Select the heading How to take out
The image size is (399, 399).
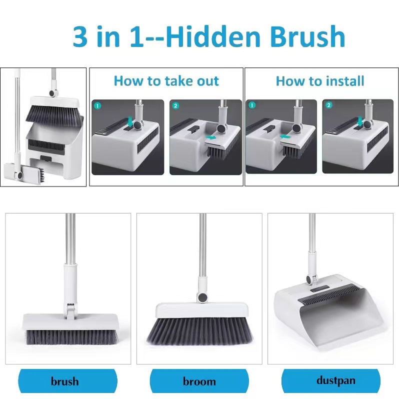[x=166, y=81]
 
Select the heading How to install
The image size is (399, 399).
[x=320, y=81]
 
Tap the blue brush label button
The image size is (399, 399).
[x=67, y=381]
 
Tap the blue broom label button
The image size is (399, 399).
[x=199, y=381]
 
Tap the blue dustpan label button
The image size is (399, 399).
[x=331, y=381]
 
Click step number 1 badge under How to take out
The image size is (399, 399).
[x=97, y=105]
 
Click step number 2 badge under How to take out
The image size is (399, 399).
[x=175, y=105]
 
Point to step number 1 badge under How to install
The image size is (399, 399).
[x=252, y=105]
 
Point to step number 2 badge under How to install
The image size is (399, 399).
[x=329, y=105]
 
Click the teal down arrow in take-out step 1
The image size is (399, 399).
[x=130, y=121]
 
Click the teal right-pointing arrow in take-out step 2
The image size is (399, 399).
[x=210, y=137]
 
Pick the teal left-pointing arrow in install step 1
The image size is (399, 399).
[x=285, y=137]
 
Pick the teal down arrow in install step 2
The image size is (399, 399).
[x=360, y=121]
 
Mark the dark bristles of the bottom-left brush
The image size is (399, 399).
[x=72, y=337]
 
